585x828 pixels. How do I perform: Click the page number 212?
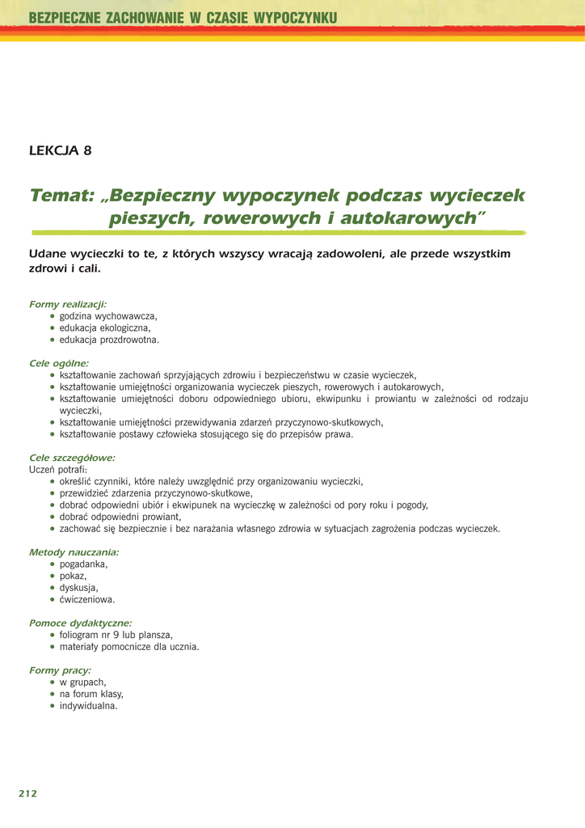coord(28,793)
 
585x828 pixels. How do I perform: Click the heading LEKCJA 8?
coord(60,150)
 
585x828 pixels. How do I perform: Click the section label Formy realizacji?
coord(68,304)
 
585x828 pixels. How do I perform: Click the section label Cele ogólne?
coord(59,364)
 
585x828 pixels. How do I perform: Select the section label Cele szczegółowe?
coord(72,458)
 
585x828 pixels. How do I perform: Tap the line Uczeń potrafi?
coord(59,469)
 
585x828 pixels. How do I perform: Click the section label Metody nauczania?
coord(74,552)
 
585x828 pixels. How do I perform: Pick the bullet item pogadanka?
coord(83,564)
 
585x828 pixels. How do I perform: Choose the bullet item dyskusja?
coord(78,588)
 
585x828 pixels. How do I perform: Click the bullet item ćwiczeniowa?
coord(87,600)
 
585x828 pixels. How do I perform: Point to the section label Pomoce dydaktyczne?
coord(80,623)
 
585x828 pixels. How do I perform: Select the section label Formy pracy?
coord(60,670)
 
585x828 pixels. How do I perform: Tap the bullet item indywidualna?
coord(89,706)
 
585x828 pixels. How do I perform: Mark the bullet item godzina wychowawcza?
coord(107,316)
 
